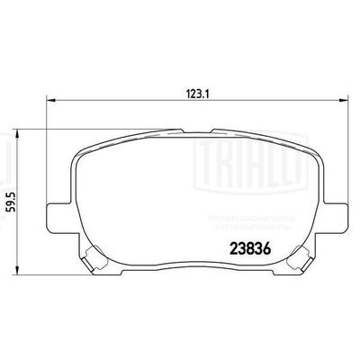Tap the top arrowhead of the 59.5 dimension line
click(20, 131)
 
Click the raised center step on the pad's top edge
click(195, 130)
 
